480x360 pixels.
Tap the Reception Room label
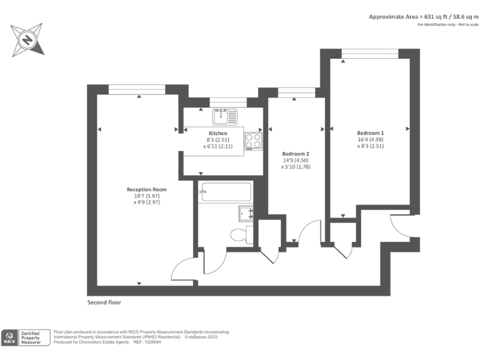click(147, 189)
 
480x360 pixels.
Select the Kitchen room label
click(217, 133)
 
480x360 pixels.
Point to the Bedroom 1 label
click(370, 132)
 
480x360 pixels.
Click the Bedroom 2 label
click(296, 154)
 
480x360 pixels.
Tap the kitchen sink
click(224, 116)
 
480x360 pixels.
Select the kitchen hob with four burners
click(253, 141)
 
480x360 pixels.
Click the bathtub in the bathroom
click(225, 192)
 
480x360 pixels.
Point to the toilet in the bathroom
click(240, 235)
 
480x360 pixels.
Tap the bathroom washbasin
click(246, 213)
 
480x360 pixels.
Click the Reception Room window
click(137, 89)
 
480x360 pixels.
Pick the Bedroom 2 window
click(296, 92)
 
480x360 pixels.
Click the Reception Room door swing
click(186, 266)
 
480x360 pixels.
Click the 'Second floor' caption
click(104, 302)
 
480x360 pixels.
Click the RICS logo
click(10, 337)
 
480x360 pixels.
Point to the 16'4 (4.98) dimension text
click(370, 140)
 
